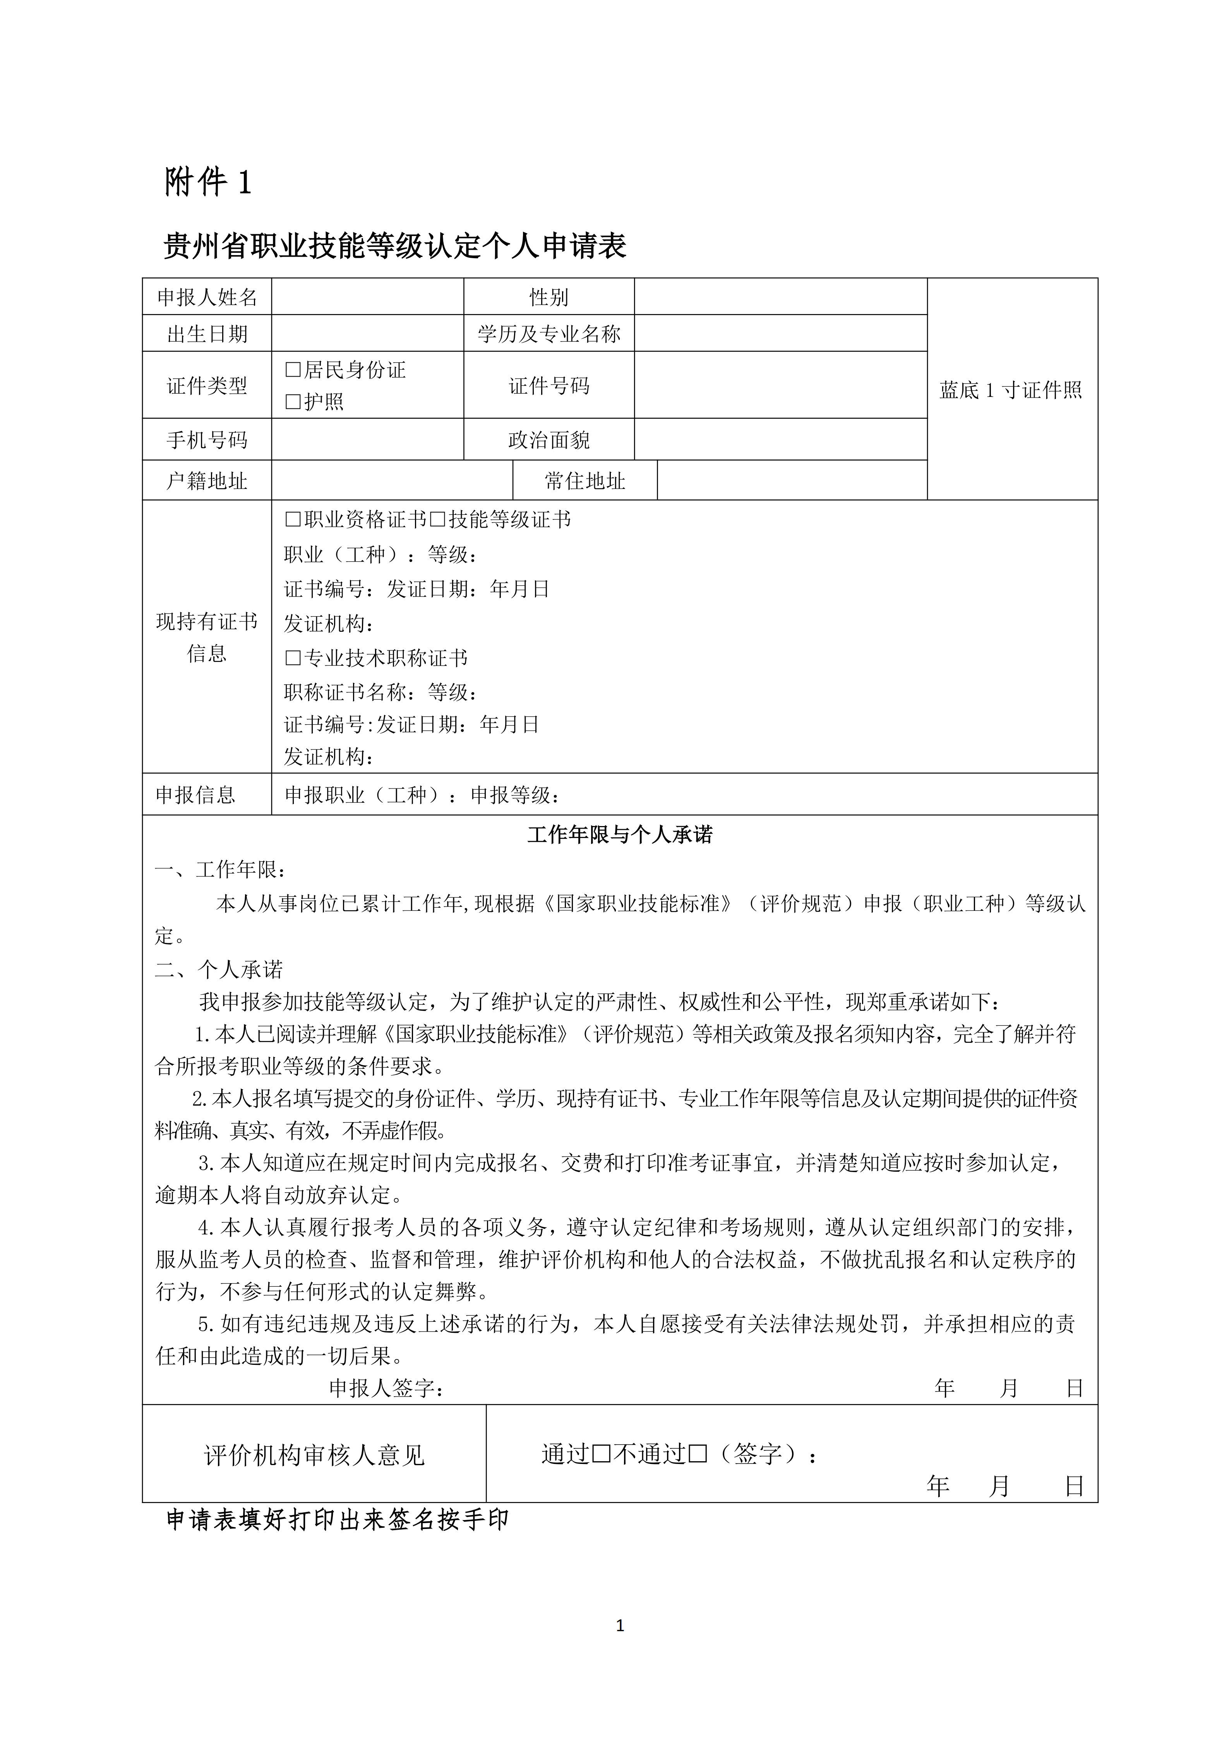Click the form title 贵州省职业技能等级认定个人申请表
pyautogui.click(x=395, y=247)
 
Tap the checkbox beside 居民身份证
pyautogui.click(x=293, y=370)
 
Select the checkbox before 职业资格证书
pyautogui.click(x=293, y=520)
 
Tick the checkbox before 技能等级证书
pyautogui.click(x=437, y=520)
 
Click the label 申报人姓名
pyautogui.click(x=207, y=298)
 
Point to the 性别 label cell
pyautogui.click(x=549, y=298)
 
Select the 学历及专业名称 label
pyautogui.click(x=549, y=334)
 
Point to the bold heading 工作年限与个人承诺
pyautogui.click(x=620, y=835)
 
